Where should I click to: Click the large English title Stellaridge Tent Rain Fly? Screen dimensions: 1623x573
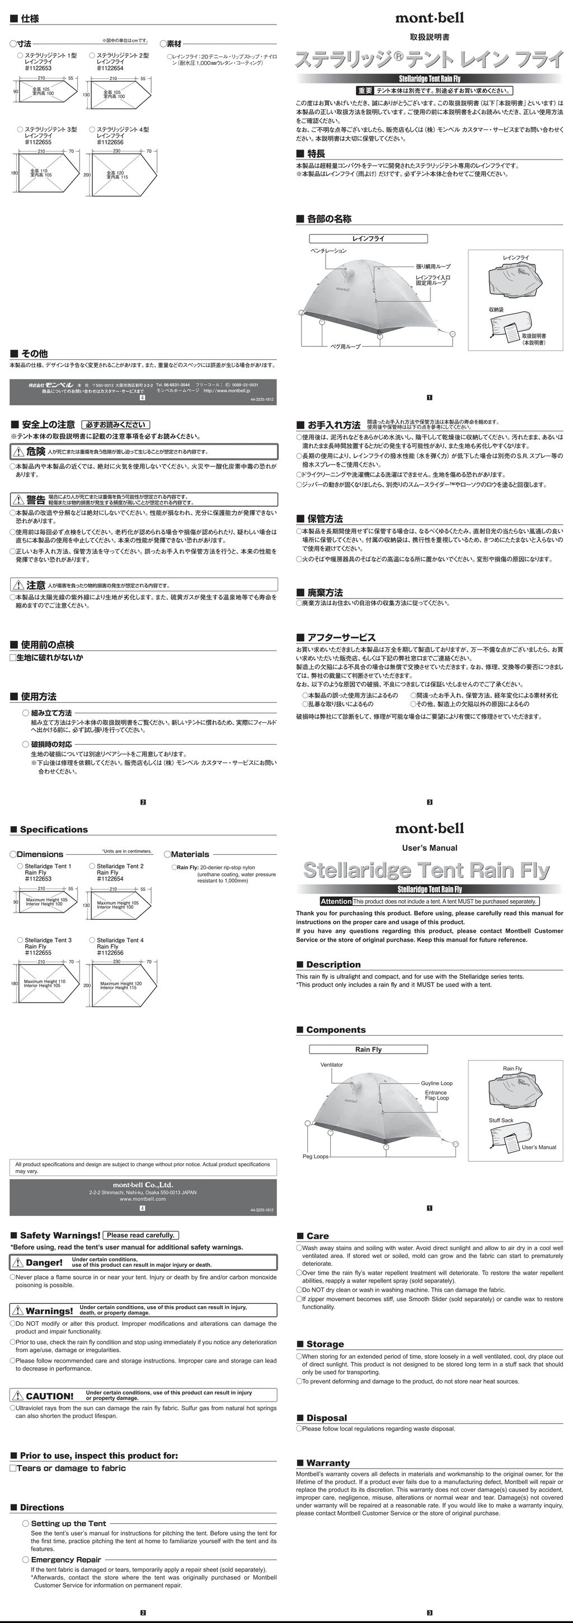(426, 870)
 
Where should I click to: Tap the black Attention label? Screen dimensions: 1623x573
(336, 901)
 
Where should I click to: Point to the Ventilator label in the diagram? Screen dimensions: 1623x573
(332, 1065)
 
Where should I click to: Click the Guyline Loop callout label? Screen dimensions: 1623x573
(436, 1083)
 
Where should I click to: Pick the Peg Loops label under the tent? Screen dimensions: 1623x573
(316, 1156)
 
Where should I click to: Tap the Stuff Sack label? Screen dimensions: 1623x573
(501, 1120)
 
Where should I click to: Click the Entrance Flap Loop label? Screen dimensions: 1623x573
(436, 1095)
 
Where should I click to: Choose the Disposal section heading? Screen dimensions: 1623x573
(326, 1418)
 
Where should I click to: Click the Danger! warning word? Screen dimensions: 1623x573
(44, 1262)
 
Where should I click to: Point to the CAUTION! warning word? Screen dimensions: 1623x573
(49, 1396)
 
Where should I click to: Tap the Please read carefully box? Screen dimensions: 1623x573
(140, 1235)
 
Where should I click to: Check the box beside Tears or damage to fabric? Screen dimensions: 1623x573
(13, 1467)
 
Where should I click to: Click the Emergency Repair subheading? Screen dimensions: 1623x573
(66, 1559)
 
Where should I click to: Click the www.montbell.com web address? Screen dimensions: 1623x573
(143, 1199)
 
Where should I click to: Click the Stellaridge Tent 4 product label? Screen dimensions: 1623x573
(120, 940)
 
